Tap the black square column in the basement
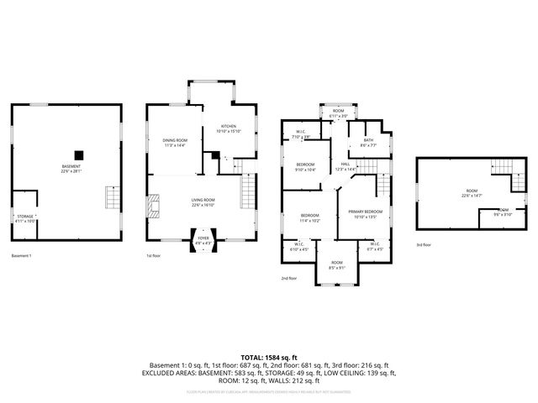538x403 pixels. (78, 154)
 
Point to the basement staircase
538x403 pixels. (112, 198)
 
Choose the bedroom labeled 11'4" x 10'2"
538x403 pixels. (311, 218)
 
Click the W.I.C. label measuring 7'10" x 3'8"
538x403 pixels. (300, 134)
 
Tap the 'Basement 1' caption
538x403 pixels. (22, 255)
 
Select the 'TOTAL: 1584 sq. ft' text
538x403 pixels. (268, 358)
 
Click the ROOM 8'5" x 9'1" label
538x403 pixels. (336, 266)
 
